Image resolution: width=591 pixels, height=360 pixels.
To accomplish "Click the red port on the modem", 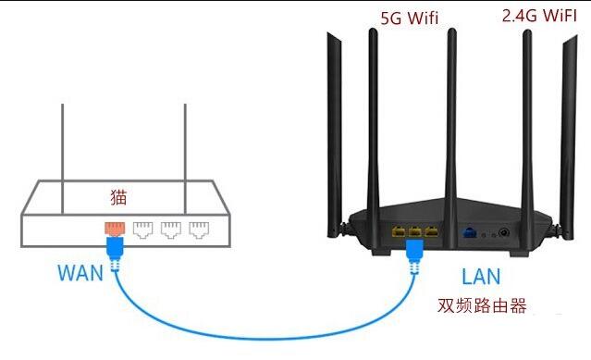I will coord(113,227).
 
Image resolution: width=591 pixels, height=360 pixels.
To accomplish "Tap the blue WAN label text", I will coord(80,273).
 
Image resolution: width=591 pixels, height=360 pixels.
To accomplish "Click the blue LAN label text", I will coord(481,276).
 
